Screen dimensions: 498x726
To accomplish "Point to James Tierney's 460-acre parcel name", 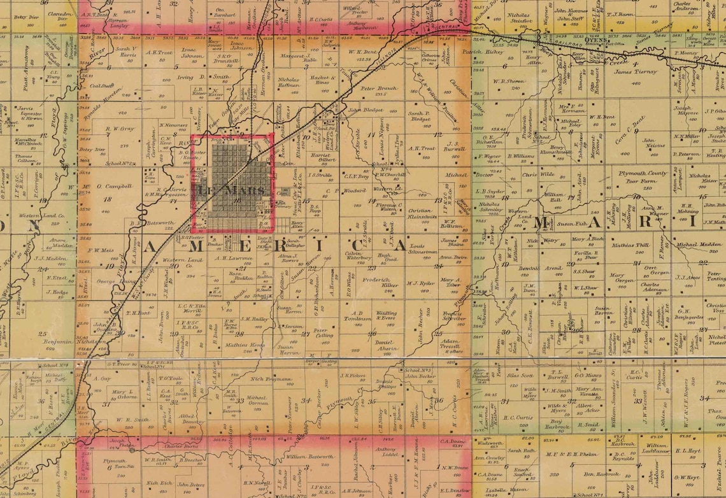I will (636, 72).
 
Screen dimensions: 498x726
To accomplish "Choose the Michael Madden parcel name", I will (699, 245).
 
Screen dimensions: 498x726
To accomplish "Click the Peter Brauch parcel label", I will (379, 89).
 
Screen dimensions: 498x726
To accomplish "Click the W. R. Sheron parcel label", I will (508, 81).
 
